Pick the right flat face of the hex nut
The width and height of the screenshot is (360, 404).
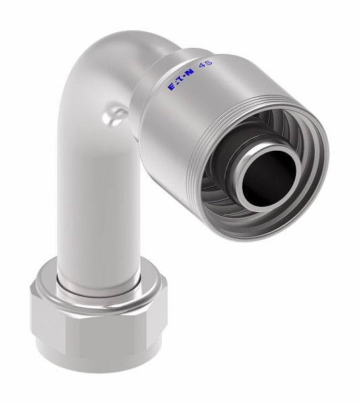click(x=162, y=320)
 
